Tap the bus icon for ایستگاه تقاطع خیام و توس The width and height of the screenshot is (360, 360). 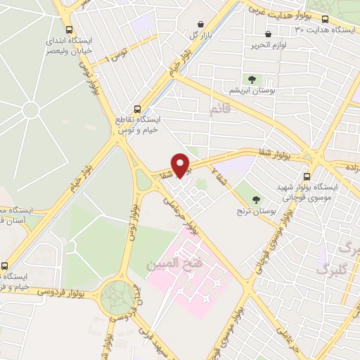pyautogui.click(x=137, y=109)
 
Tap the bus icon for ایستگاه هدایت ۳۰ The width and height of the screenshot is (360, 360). pyautogui.click(x=325, y=19)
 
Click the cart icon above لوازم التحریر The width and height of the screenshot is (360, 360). pyautogui.click(x=268, y=34)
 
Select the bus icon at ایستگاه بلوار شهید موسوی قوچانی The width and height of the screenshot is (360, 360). pyautogui.click(x=306, y=176)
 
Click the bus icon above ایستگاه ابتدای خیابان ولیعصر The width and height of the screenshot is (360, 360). pyautogui.click(x=68, y=30)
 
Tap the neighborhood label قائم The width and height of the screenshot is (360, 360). pyautogui.click(x=220, y=110)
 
